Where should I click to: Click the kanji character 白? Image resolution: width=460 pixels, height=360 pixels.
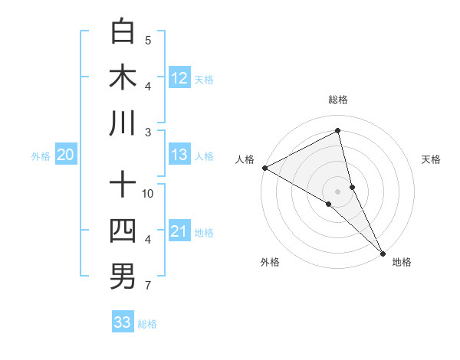click(123, 31)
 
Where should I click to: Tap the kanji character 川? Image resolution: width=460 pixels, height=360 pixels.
click(123, 123)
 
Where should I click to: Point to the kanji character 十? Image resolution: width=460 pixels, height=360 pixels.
click(123, 185)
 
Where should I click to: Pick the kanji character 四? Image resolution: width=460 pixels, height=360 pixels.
click(123, 231)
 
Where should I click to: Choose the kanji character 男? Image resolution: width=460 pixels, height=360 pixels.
click(123, 277)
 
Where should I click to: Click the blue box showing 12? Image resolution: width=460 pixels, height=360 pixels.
click(179, 77)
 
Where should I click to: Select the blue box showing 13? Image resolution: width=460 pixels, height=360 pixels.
click(179, 155)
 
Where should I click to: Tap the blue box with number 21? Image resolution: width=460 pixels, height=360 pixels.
click(179, 231)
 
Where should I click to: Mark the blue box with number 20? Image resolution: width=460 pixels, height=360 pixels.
click(65, 155)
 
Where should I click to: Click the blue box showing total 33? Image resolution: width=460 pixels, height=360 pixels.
click(123, 322)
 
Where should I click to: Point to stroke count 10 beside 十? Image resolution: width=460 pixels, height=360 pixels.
click(148, 193)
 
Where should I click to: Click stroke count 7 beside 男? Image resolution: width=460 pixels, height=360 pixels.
click(147, 286)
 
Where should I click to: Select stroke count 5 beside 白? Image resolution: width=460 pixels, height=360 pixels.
click(147, 40)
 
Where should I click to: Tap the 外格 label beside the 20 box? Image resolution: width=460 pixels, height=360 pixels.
click(41, 155)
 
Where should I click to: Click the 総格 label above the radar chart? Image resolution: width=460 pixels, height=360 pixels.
click(338, 100)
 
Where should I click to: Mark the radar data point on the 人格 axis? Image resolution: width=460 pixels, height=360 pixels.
click(264, 168)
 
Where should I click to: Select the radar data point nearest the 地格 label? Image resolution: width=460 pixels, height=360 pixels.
click(383, 252)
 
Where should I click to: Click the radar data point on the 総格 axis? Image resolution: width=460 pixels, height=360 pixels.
click(338, 132)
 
